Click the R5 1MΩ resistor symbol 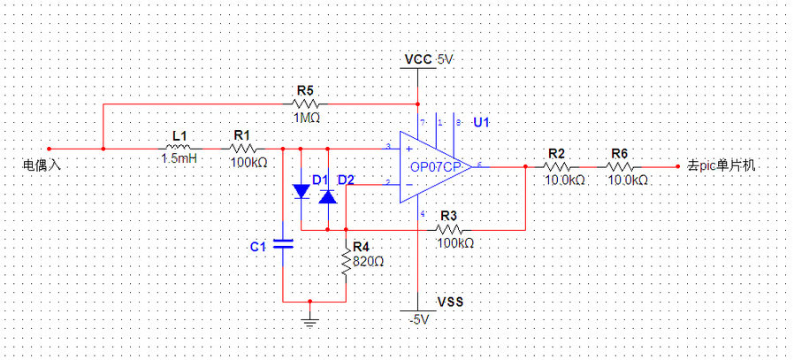[x=305, y=103]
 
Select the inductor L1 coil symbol [x=179, y=148]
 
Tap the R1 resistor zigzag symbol [x=241, y=148]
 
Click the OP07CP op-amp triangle [x=433, y=165]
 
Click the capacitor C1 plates [x=283, y=244]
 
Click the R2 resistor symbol [x=556, y=165]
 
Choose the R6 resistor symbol [x=619, y=165]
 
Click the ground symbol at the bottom [x=309, y=318]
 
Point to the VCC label [x=418, y=60]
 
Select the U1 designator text [x=481, y=121]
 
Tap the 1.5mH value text [x=179, y=161]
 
